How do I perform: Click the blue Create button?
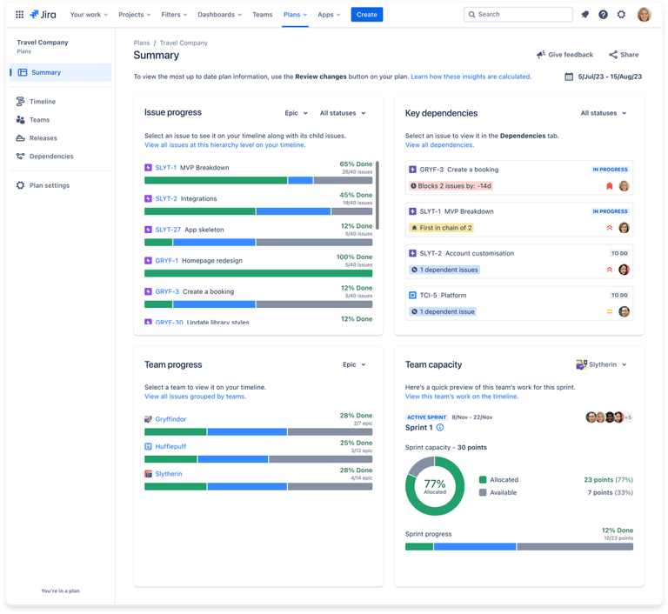(366, 15)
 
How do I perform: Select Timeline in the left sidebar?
(43, 102)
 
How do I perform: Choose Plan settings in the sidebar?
(49, 185)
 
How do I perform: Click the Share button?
(624, 55)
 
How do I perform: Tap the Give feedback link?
(564, 55)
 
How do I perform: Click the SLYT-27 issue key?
(168, 230)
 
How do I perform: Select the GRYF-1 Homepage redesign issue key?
(166, 260)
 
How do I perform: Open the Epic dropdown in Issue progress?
(297, 113)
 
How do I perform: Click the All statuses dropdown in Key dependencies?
(604, 113)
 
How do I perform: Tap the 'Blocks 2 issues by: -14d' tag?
(451, 186)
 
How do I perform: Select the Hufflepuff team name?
(170, 446)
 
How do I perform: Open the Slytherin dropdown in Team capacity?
(602, 364)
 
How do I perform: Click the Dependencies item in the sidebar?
(51, 157)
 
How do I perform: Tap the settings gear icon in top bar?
(621, 15)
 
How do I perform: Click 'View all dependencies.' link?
(439, 145)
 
